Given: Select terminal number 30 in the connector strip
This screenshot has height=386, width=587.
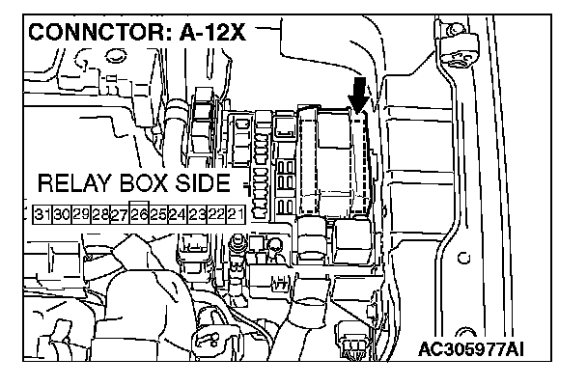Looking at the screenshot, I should [x=62, y=214].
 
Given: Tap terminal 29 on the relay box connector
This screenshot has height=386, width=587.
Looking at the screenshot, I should [x=81, y=214].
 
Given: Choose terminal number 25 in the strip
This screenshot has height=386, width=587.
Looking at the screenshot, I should [x=158, y=214].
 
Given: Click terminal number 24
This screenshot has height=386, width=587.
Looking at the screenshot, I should [x=178, y=214].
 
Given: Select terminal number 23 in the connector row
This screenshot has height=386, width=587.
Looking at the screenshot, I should [x=197, y=214].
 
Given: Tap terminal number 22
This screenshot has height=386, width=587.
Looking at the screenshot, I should [x=216, y=214].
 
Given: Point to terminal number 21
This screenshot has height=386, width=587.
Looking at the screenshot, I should [x=236, y=214].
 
